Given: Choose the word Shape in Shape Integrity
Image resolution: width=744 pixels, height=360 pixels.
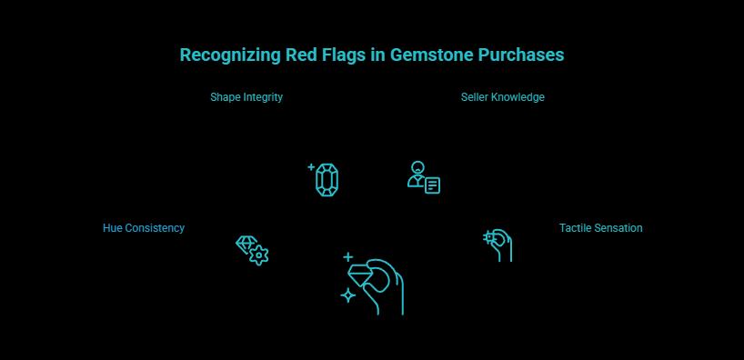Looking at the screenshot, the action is coord(226,97).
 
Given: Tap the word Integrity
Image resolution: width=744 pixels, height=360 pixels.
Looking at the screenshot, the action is coord(263,97).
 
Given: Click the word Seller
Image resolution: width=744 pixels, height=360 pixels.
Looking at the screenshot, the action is coord(475,97).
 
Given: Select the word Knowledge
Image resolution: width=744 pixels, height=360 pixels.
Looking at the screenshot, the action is coord(518,97).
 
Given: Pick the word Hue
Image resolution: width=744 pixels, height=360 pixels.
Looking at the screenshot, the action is coord(111,228).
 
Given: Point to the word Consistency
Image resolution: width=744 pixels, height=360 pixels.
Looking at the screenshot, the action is coord(153,228).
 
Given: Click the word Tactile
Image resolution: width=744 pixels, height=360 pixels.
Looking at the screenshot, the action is coord(573,228).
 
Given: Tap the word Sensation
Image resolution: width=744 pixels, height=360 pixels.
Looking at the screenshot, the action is coord(617,228).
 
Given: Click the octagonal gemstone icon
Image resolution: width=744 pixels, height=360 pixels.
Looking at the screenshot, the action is coord(327,180).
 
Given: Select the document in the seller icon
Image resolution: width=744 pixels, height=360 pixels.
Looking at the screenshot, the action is coord(432,185).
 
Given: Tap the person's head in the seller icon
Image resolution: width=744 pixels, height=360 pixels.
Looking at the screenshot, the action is coord(417,168).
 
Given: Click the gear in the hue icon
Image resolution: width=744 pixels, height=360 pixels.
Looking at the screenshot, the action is coord(259,255).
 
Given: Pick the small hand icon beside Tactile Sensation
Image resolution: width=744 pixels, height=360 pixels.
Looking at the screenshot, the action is coord(498,245).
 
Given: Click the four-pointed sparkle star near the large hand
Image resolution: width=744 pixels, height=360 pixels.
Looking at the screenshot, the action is coord(347,295).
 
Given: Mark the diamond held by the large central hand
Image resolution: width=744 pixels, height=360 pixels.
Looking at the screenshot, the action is coord(364,275).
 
